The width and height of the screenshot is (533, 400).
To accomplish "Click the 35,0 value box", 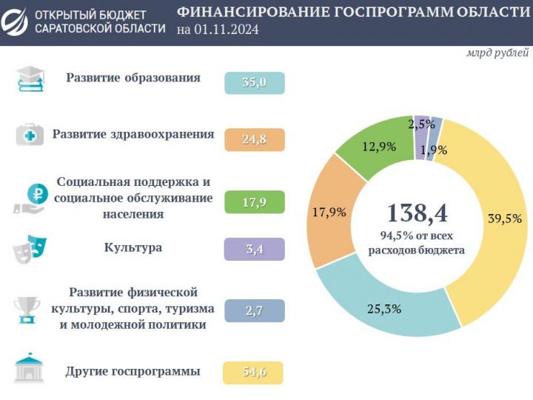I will (x=254, y=83).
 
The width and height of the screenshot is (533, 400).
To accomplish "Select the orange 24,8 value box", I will (x=254, y=139).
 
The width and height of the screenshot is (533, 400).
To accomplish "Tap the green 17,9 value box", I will (x=254, y=199).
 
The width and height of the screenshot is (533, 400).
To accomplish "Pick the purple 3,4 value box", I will (x=254, y=249).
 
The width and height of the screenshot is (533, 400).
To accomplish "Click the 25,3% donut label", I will (x=384, y=309).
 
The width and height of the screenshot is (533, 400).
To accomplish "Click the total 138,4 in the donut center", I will (x=417, y=213).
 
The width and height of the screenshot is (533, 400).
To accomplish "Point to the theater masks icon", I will (x=30, y=249).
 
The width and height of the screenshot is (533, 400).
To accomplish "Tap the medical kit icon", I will (x=30, y=136).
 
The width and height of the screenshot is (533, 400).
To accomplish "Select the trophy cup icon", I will (x=27, y=310).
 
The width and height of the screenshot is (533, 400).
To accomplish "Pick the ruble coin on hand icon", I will (x=30, y=199).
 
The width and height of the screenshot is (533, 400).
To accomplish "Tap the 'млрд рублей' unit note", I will (x=497, y=53).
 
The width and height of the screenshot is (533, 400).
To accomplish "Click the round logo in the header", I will (x=16, y=21).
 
